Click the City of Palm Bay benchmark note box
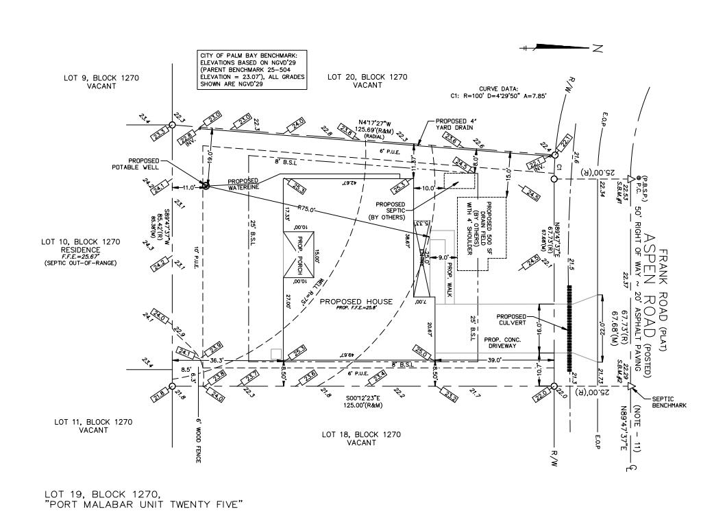click(251, 69)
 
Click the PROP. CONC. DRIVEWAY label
click(503, 343)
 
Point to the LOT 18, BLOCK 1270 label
click(361, 438)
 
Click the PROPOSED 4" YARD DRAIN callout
click(458, 126)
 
